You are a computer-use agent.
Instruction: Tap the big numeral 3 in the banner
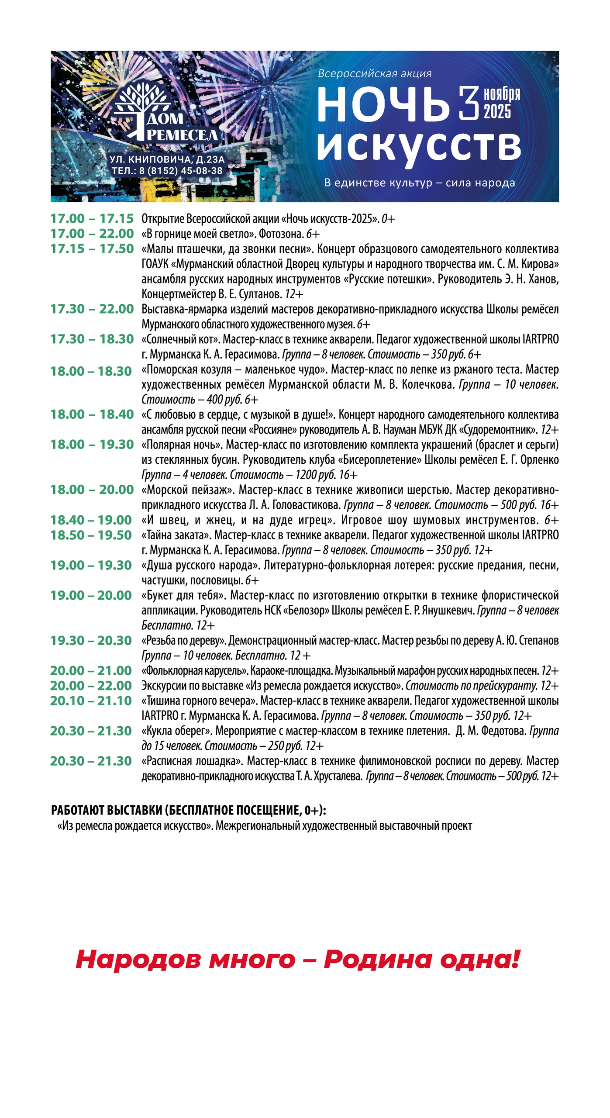(469, 104)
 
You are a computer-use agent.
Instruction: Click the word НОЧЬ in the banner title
(383, 105)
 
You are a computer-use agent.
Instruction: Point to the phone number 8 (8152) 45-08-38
(180, 171)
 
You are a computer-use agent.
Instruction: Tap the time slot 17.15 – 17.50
(92, 249)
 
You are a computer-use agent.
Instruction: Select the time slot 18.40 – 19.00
(91, 520)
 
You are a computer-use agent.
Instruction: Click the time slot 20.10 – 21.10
(91, 701)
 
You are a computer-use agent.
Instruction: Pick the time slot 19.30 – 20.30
(91, 641)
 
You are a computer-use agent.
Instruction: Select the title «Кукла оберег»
(176, 731)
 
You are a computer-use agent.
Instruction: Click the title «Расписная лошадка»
(192, 761)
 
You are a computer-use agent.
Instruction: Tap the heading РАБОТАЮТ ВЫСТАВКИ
(107, 811)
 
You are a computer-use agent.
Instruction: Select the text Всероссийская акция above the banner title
(374, 74)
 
